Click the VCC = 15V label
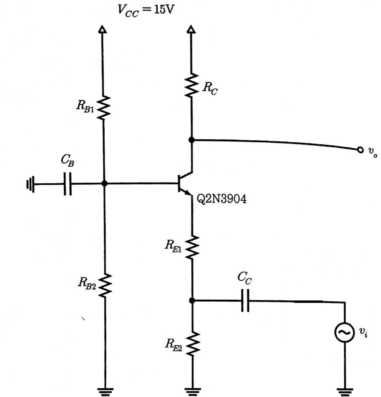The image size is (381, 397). [146, 9]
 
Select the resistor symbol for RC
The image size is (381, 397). [191, 86]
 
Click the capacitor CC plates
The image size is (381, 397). [245, 300]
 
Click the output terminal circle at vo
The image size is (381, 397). [360, 150]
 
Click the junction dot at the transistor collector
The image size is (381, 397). [191, 140]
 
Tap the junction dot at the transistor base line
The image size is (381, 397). [104, 183]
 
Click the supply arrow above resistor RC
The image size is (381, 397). [191, 29]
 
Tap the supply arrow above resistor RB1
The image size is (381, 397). [102, 29]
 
